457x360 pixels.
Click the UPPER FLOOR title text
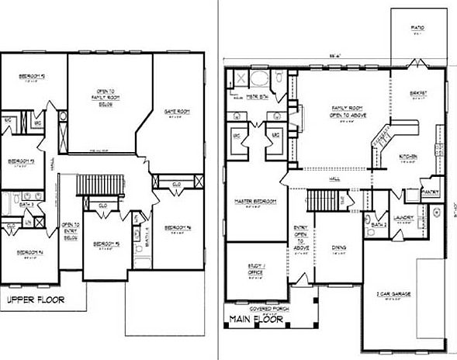(x=34, y=299)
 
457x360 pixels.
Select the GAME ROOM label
(x=178, y=112)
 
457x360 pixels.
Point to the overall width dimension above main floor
(x=334, y=57)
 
